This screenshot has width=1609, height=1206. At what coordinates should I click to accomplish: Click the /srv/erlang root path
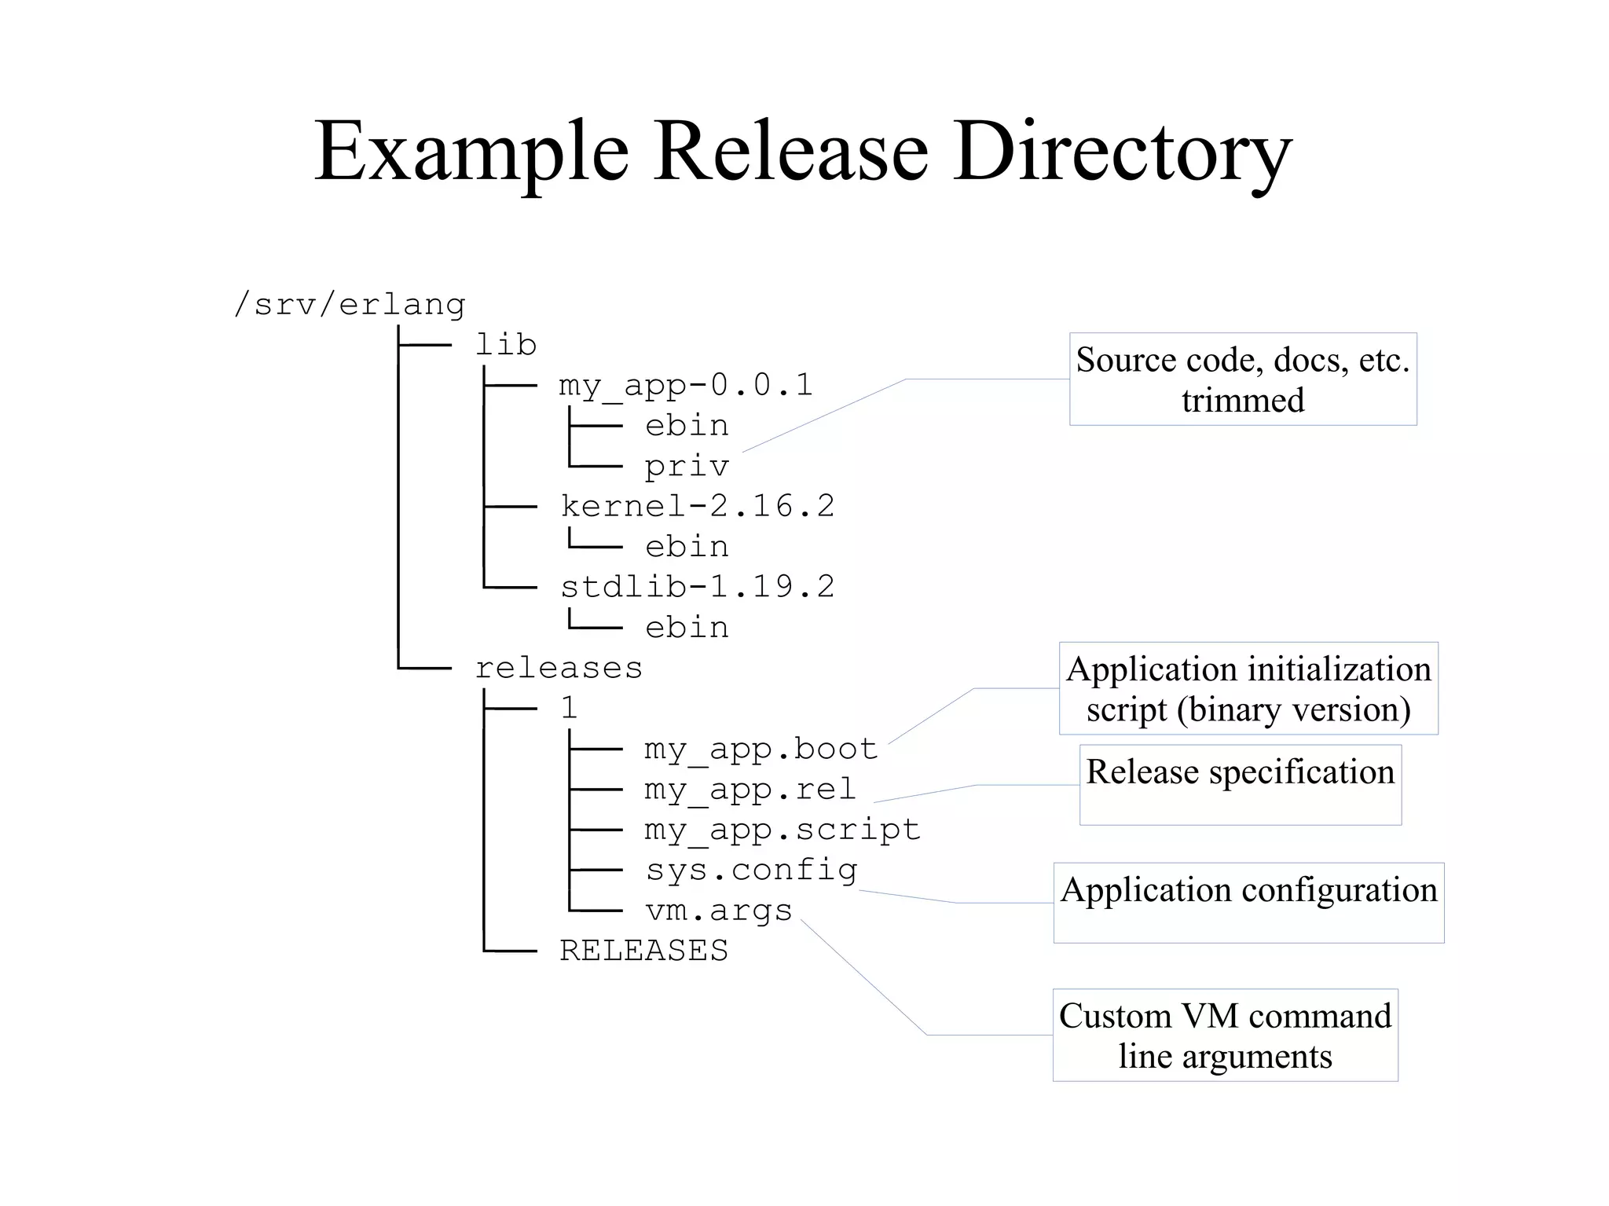tap(350, 304)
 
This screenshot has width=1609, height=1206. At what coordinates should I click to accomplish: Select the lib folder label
tap(506, 344)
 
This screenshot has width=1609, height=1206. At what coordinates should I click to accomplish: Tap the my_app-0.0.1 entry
tap(685, 385)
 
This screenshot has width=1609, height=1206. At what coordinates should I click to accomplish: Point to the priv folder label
tap(687, 466)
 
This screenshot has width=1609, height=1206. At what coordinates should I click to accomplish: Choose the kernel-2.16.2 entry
tap(697, 506)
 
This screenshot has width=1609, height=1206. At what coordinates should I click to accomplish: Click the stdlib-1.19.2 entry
tap(697, 587)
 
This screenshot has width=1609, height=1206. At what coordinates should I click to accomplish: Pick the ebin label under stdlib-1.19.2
tap(687, 627)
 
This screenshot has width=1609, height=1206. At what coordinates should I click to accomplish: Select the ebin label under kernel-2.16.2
tap(687, 546)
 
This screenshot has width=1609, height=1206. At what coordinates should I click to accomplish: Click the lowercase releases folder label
tap(559, 668)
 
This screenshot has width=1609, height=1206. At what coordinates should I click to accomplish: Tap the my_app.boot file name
tap(761, 749)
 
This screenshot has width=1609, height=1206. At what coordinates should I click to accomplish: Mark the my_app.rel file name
tap(750, 789)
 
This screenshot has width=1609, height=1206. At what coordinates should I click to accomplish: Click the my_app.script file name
tap(782, 830)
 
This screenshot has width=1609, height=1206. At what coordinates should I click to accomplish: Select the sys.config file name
tap(751, 870)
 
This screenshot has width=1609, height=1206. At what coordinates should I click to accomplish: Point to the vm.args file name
tap(718, 911)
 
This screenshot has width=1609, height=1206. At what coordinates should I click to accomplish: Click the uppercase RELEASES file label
tap(643, 951)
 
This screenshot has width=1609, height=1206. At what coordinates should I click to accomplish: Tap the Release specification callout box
tap(1240, 784)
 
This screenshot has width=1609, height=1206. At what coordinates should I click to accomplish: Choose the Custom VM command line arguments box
tap(1225, 1035)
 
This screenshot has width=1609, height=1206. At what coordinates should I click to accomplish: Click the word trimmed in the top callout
tap(1243, 401)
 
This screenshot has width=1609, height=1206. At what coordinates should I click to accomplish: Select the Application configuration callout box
tap(1248, 902)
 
